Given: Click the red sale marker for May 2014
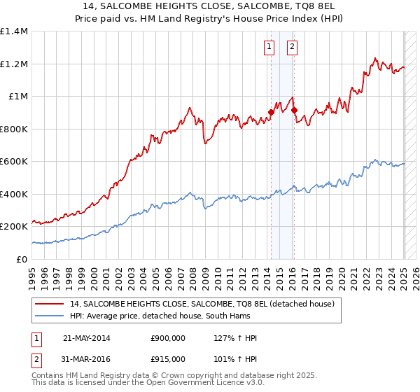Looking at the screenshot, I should (271, 112).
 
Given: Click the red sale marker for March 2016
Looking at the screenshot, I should (294, 110).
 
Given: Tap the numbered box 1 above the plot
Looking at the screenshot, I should (269, 48).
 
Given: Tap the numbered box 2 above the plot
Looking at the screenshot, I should (292, 48).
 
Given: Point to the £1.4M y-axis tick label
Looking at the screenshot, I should (14, 31).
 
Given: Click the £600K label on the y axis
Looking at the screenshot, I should (14, 162).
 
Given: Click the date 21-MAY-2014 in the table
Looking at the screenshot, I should (87, 338).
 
